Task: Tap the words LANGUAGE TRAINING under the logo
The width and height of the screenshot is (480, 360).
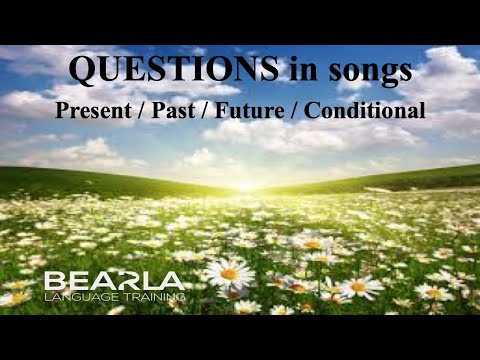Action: click(x=113, y=296)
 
